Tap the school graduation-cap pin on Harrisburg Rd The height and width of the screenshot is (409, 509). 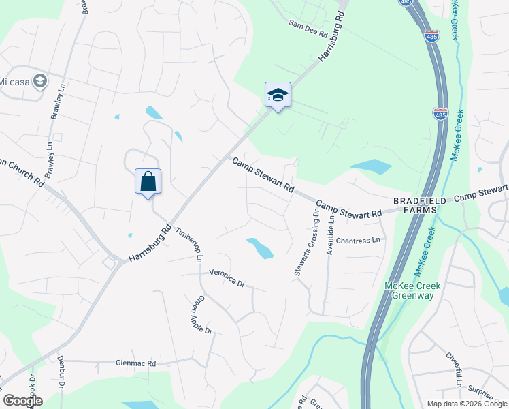tap(278, 95)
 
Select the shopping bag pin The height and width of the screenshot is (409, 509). tap(148, 181)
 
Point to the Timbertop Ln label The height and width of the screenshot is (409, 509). tap(190, 243)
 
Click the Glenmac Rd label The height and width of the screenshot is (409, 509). tap(135, 364)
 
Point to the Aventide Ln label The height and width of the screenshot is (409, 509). tap(331, 234)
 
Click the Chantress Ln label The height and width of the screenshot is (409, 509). tap(357, 241)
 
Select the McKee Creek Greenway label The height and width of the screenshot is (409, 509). tap(409, 290)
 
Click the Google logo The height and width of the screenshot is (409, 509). tap(22, 401)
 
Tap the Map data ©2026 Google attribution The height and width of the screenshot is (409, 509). tap(467, 404)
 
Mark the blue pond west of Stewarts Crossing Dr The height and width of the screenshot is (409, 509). tap(259, 248)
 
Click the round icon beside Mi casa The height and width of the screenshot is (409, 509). tap(39, 81)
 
